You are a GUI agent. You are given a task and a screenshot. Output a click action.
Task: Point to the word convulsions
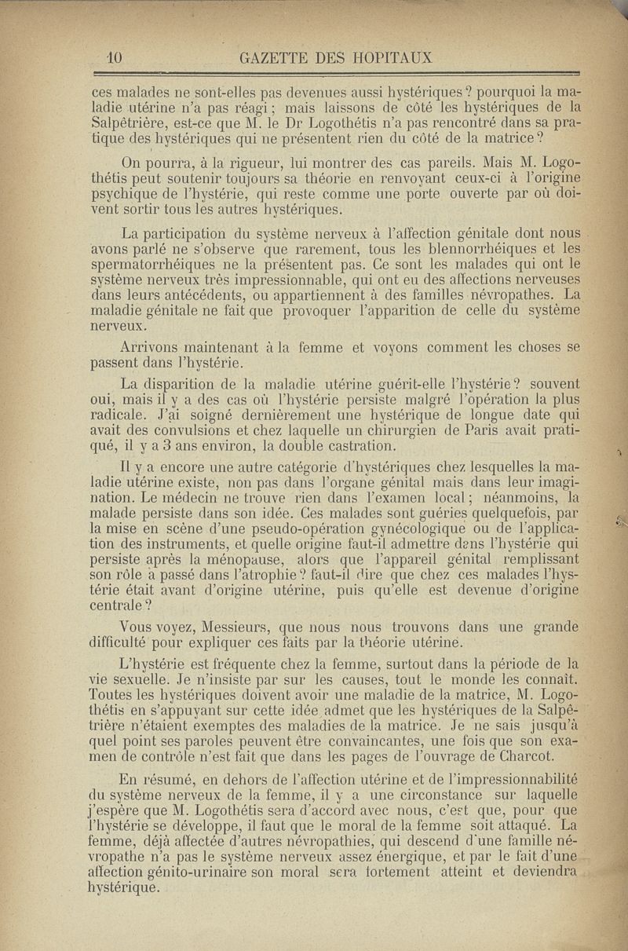click(209, 430)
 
